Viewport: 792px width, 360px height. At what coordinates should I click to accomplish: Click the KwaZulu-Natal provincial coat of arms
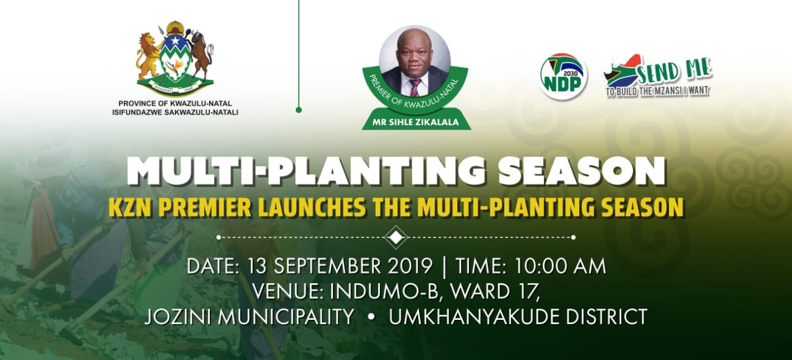click(x=175, y=58)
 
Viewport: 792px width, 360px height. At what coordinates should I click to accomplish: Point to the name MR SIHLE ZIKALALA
click(x=416, y=122)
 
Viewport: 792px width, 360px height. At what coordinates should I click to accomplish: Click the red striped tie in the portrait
click(x=415, y=87)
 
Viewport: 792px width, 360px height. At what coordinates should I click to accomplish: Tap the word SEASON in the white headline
click(x=582, y=171)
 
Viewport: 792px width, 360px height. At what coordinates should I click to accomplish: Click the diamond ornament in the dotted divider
click(x=396, y=238)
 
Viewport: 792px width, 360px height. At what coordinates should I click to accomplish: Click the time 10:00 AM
click(x=560, y=266)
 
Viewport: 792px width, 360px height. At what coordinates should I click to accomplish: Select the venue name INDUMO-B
click(x=384, y=291)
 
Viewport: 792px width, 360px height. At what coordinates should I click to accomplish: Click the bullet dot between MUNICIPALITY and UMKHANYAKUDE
click(x=371, y=317)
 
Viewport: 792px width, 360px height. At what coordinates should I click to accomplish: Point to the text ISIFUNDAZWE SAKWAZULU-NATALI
click(x=175, y=113)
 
